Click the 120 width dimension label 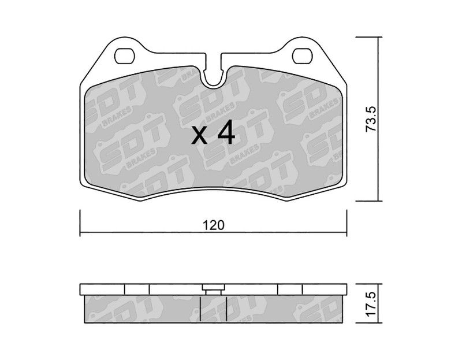(214, 225)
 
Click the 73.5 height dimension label (371, 119)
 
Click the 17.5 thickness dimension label (371, 304)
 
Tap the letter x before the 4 (199, 136)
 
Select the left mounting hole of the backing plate (124, 56)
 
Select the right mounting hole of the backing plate (302, 56)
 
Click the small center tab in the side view (213, 290)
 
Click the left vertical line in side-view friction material (200, 309)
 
